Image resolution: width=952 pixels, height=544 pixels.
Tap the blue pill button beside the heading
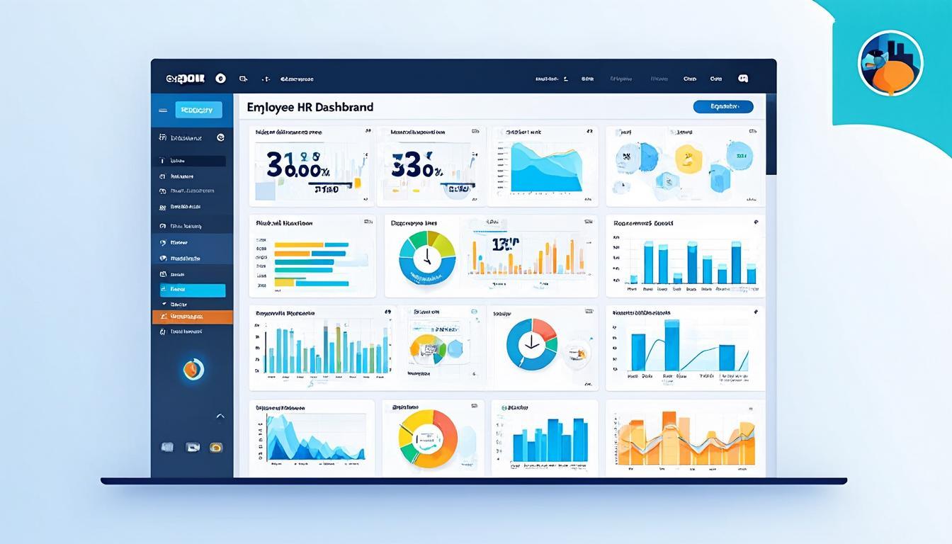pyautogui.click(x=722, y=107)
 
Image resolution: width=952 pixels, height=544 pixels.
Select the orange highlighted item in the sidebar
pyautogui.click(x=193, y=317)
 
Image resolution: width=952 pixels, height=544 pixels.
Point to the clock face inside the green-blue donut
pyautogui.click(x=427, y=259)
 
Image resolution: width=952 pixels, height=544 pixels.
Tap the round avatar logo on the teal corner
pyautogui.click(x=890, y=63)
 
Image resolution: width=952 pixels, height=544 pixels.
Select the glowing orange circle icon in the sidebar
pyautogui.click(x=193, y=368)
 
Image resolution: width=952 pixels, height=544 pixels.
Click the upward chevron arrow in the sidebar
pyautogui.click(x=220, y=416)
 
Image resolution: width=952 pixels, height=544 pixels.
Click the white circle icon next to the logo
pyautogui.click(x=220, y=79)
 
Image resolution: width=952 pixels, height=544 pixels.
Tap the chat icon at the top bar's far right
pyautogui.click(x=743, y=79)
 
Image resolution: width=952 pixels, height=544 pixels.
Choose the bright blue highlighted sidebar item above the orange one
pyautogui.click(x=193, y=290)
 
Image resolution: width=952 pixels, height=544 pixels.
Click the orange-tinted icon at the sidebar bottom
pyautogui.click(x=216, y=447)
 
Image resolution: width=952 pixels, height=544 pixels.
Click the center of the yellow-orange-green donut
pyautogui.click(x=428, y=438)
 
